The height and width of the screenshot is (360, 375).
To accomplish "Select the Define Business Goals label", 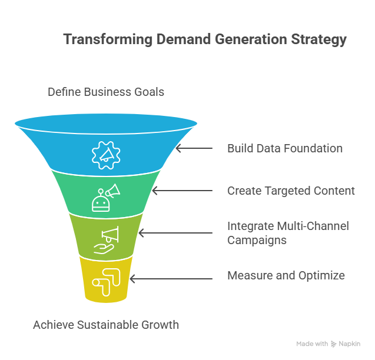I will pyautogui.click(x=106, y=92).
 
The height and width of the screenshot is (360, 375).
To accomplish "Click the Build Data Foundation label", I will pyautogui.click(x=285, y=148).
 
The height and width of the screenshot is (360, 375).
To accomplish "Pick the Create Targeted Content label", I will pyautogui.click(x=291, y=191).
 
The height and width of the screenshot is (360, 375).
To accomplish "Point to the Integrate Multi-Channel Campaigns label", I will pyautogui.click(x=288, y=233).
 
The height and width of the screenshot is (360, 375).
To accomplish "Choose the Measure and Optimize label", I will pyautogui.click(x=286, y=275).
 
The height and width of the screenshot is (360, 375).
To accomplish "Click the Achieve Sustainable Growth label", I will pyautogui.click(x=106, y=325).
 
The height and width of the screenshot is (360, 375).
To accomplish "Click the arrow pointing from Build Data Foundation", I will pyautogui.click(x=194, y=148).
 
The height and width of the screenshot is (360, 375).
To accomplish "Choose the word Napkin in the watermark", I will pyautogui.click(x=350, y=344).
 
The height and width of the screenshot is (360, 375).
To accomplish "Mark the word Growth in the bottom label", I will pyautogui.click(x=160, y=325).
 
